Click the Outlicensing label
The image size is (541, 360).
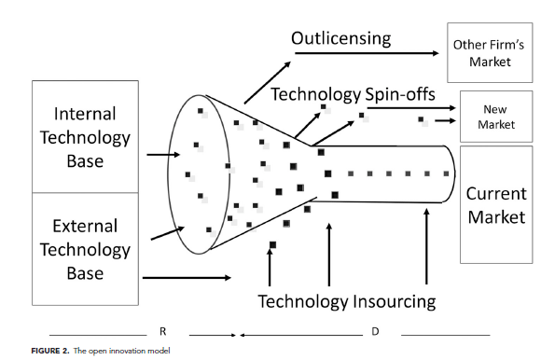tap(340, 38)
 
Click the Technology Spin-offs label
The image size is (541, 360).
tap(353, 94)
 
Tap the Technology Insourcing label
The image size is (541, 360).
tap(347, 301)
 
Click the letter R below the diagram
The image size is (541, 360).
tap(163, 331)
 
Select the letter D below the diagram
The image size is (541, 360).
tap(375, 331)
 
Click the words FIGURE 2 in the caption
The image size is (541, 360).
tap(50, 351)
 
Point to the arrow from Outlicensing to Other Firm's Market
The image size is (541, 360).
tap(367, 53)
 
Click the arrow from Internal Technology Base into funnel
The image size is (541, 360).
tap(163, 155)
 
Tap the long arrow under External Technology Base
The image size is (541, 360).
tap(187, 278)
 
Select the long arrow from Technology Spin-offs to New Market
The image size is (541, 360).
tap(411, 108)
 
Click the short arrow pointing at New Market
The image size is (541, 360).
tap(445, 120)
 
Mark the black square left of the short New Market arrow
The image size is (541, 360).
tap(421, 119)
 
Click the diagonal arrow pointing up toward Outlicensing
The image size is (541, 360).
tap(268, 83)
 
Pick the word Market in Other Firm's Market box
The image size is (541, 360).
tap(490, 62)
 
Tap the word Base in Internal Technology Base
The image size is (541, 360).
tap(85, 161)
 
